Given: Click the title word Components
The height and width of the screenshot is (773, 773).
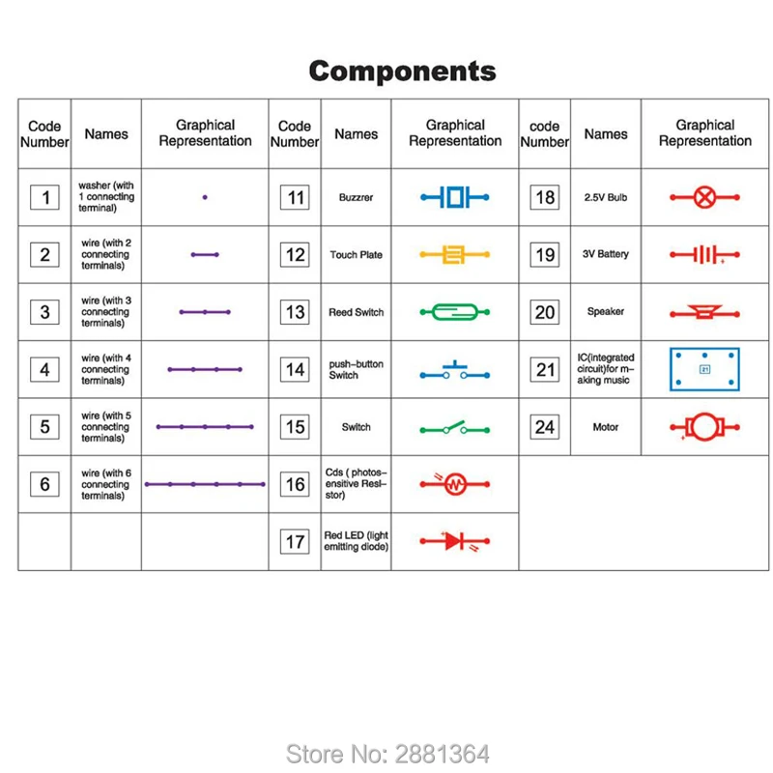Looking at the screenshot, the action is coord(402,72).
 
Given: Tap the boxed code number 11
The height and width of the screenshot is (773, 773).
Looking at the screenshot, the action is coord(295,197).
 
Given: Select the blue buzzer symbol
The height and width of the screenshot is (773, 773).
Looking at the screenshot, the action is coord(454,197).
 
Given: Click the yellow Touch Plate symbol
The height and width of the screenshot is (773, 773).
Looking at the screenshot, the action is coord(454,254).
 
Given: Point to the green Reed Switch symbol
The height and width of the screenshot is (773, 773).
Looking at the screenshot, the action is coord(454,312).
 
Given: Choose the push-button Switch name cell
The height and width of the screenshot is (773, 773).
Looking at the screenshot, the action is coord(356,369).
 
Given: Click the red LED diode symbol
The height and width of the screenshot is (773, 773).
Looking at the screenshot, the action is coord(454,541).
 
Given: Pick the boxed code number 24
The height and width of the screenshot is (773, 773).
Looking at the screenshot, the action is coord(545,427).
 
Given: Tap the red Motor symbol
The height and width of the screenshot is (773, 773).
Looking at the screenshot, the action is coord(705,427).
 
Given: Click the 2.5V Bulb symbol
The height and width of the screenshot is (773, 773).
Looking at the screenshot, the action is coord(705,197).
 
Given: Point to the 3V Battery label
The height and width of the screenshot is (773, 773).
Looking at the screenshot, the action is coord(606,254).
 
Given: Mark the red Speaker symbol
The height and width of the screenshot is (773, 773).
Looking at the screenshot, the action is coord(705,312).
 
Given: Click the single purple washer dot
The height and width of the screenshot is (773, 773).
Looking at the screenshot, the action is coord(205,197).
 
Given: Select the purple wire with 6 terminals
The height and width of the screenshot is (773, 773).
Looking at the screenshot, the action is coord(205,484).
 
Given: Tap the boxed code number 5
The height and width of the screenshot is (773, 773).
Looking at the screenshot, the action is coord(44,427).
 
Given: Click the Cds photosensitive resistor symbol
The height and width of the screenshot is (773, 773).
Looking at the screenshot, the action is coord(454,484).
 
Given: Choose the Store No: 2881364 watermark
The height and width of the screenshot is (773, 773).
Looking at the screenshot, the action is coord(387,755).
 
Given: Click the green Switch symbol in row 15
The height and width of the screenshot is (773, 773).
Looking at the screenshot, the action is coord(454,428).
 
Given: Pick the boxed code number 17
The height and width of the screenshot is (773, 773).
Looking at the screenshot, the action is coord(295,542).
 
